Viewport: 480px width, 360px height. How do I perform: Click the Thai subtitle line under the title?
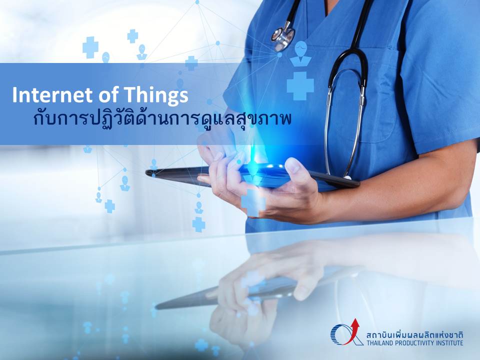(162, 119)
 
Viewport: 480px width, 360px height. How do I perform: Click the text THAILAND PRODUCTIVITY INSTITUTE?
(415, 343)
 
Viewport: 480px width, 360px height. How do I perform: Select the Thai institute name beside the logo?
(415, 334)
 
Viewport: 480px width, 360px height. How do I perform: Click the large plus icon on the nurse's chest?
(300, 86)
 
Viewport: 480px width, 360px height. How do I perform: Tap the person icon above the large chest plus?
(300, 53)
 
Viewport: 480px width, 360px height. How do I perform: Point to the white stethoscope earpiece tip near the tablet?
(347, 177)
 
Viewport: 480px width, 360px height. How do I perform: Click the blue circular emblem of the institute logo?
(340, 334)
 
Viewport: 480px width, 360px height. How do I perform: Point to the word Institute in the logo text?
(450, 343)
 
